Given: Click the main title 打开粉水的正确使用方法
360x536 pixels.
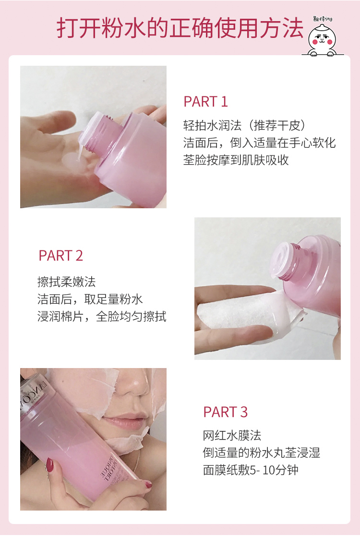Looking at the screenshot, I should pyautogui.click(x=180, y=28).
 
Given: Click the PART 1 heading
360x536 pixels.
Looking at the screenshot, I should pyautogui.click(x=205, y=102).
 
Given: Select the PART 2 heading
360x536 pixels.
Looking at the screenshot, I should pyautogui.click(x=61, y=256).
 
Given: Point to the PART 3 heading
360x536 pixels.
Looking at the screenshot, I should pyautogui.click(x=226, y=412).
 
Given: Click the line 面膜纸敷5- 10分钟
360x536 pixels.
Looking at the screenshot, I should pyautogui.click(x=251, y=470).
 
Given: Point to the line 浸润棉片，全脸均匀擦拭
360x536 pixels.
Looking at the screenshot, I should pyautogui.click(x=102, y=317).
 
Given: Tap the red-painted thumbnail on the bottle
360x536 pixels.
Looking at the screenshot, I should pyautogui.click(x=49, y=464).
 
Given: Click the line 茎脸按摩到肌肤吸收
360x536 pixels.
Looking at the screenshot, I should pyautogui.click(x=236, y=160).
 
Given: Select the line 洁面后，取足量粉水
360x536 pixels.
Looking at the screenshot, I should pyautogui.click(x=90, y=299).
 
